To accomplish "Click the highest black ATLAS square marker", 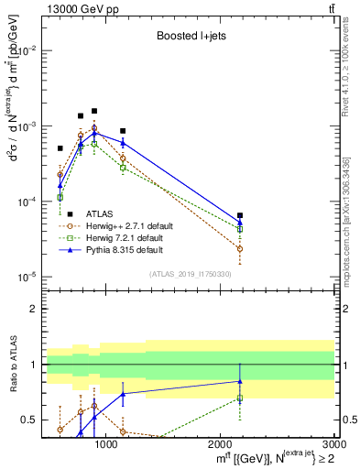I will pos(94,111).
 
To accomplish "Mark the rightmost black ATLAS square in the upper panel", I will pos(240,215).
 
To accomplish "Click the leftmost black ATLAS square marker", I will pos(60,148).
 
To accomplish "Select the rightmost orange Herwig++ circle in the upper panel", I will pos(240,248).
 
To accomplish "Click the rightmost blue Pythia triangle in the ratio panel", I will pos(240,381).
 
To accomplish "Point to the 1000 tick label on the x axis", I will pos(107,444).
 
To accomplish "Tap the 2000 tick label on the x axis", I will pos(222,444).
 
